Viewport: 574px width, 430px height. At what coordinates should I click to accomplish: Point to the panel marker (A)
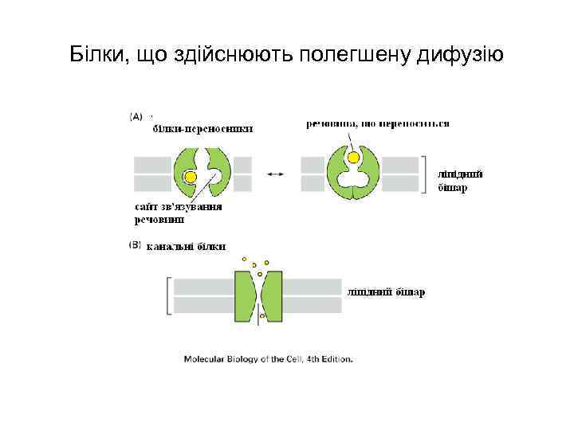point(136,116)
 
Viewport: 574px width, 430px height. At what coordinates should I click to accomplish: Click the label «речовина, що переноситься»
point(378,123)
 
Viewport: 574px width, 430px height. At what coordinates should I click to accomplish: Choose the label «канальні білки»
point(186,246)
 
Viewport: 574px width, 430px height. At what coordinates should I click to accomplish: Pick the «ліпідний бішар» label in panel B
point(385,292)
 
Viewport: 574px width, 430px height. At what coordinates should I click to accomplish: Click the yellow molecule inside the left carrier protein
point(191,176)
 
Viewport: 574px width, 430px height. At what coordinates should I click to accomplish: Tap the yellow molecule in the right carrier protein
point(354,158)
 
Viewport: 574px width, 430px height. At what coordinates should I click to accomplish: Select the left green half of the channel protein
point(244,295)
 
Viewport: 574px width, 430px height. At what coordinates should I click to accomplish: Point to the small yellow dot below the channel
point(262,317)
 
